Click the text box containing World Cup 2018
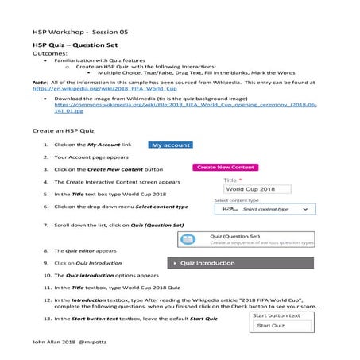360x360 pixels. point(250,190)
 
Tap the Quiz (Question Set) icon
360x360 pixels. point(188,239)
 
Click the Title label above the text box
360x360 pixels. point(220,180)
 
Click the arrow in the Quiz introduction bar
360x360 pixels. point(175,262)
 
